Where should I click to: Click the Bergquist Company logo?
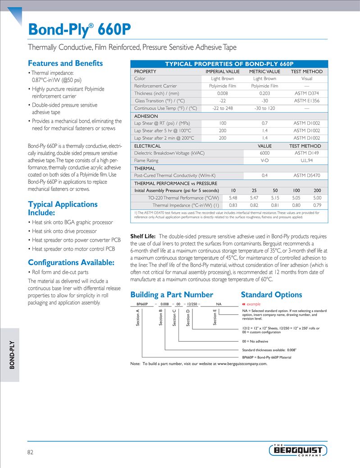point(298,450)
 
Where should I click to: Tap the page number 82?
point(31,452)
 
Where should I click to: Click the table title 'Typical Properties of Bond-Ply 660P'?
point(229,64)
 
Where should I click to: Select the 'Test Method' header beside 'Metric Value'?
point(306,71)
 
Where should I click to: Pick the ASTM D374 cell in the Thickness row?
point(306,93)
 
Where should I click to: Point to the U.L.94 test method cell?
point(306,160)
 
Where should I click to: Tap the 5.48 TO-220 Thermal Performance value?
point(233,197)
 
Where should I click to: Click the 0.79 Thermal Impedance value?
point(317,205)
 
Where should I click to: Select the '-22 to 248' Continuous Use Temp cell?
point(223,108)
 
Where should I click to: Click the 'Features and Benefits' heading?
point(65,64)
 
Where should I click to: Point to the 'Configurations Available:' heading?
point(71,262)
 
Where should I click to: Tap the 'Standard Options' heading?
point(271,295)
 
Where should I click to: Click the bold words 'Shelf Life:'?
point(143,236)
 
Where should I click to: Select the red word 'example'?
point(253,304)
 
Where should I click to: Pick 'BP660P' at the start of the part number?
point(142,304)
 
